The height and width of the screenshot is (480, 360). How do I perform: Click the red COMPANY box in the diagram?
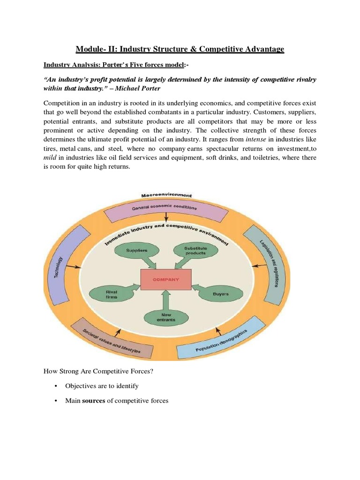coord(166,279)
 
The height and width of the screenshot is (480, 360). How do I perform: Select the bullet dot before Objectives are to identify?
coord(56,386)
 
